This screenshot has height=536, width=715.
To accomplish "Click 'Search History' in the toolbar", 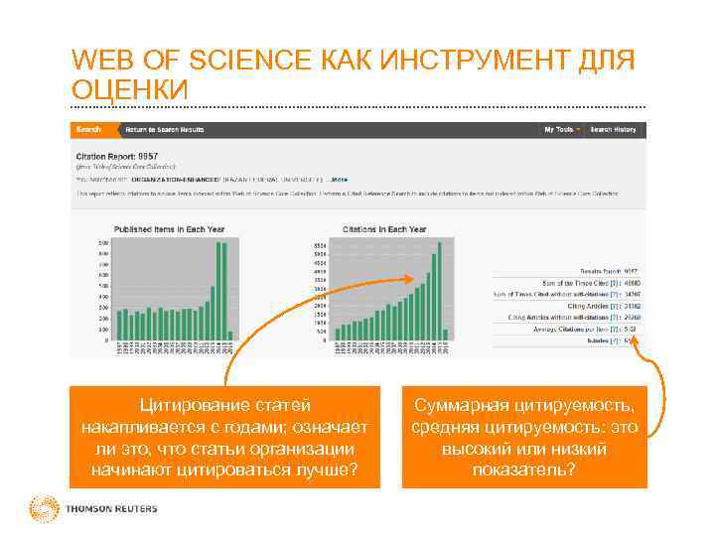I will coord(613,130).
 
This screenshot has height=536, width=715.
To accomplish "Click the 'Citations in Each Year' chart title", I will coord(383,229).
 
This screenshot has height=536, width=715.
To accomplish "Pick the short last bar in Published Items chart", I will coord(230,335).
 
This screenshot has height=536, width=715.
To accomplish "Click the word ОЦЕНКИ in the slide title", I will coord(129,90).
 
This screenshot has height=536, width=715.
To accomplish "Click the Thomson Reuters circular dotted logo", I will coord(43,508).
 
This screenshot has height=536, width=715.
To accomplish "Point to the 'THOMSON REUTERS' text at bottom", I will coord(111,509).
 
